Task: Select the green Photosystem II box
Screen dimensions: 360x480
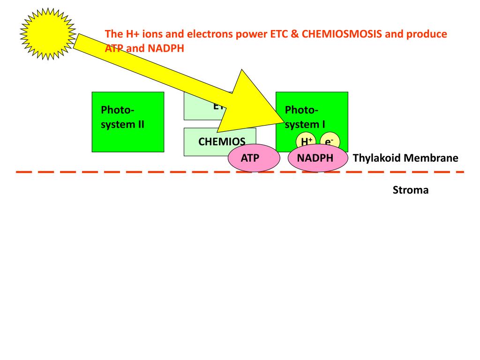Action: (x=127, y=122)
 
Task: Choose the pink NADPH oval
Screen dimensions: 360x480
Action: (x=315, y=158)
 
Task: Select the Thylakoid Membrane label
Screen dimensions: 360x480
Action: (x=405, y=158)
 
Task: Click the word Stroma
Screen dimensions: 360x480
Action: (x=411, y=190)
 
